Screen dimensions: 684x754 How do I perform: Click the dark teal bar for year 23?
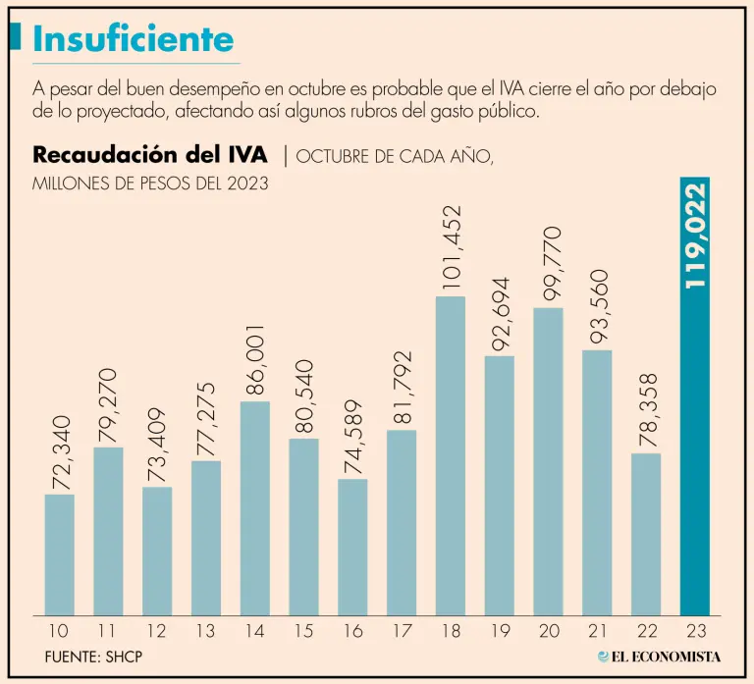coord(695,442)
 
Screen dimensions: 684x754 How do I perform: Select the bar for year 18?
coord(451,455)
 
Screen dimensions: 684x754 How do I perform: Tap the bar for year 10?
coord(59,554)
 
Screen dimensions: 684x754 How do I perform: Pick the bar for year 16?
coord(352,547)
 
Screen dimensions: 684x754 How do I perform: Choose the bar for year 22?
coord(646,534)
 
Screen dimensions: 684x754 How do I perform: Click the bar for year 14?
coord(254,508)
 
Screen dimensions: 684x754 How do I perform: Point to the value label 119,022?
coord(696,236)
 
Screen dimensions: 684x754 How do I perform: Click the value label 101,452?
coord(452,247)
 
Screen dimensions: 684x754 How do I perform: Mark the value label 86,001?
coord(256,358)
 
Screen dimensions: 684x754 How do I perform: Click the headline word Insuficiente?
coord(134,39)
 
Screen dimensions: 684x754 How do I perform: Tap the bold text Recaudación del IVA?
coord(150,155)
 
